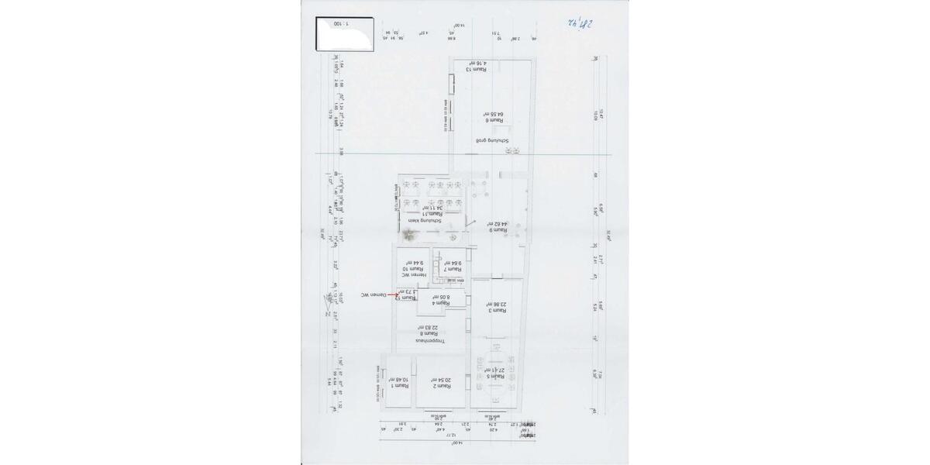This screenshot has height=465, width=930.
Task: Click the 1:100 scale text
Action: tap(341, 24)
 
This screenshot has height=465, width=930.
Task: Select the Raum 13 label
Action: tap(476, 70)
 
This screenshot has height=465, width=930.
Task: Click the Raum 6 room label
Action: tap(496, 120)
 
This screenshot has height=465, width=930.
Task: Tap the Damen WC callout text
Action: tap(373, 295)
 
